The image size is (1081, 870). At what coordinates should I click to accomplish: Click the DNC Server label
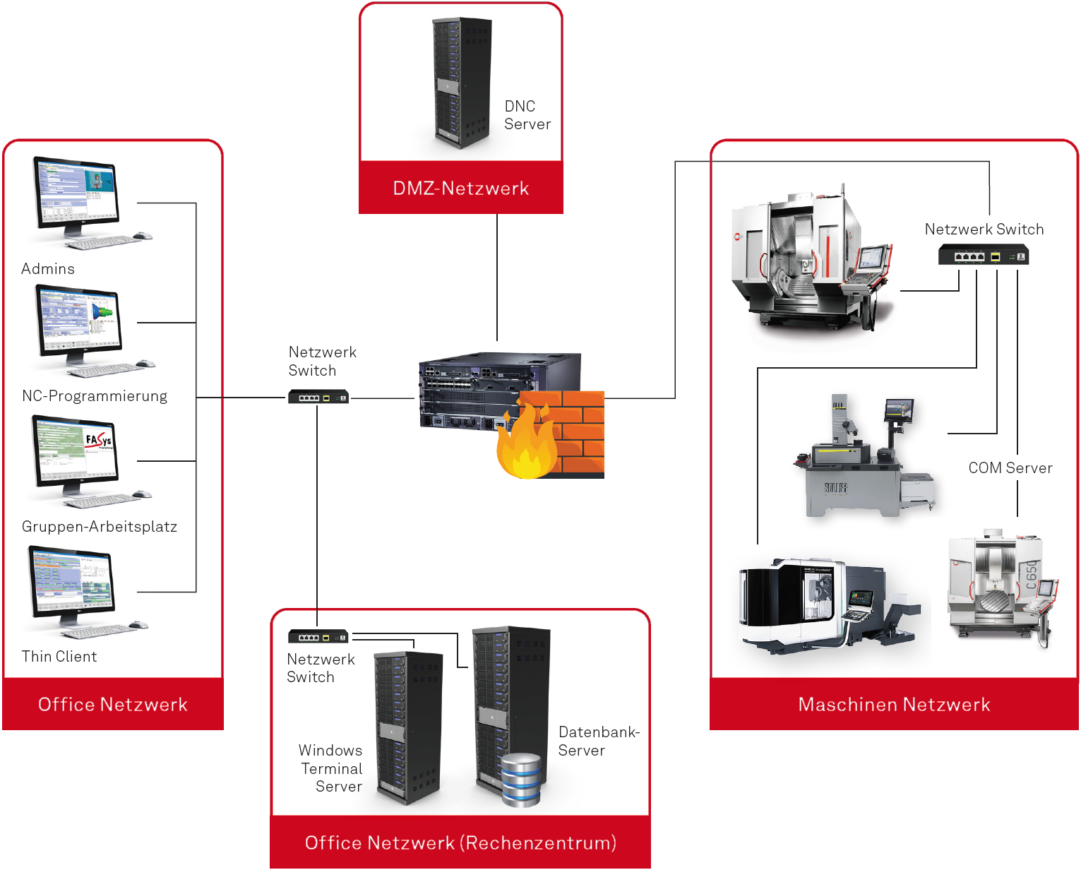click(527, 115)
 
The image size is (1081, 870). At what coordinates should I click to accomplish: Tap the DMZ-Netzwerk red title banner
click(460, 187)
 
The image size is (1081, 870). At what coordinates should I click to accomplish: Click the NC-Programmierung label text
click(95, 396)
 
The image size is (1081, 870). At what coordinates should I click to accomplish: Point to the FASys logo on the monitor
click(98, 441)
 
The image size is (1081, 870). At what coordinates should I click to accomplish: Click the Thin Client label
click(59, 657)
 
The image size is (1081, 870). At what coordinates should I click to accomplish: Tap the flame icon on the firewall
click(527, 441)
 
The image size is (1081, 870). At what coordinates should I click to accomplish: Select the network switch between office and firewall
click(318, 397)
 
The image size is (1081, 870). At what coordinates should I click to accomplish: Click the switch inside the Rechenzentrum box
click(318, 636)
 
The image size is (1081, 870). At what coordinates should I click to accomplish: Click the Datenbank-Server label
click(599, 741)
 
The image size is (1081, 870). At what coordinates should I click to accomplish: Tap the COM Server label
click(1010, 467)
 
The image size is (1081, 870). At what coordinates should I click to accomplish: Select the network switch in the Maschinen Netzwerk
click(983, 255)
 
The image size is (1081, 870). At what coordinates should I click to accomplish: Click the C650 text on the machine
click(1030, 575)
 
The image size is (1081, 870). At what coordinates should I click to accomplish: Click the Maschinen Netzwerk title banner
click(894, 703)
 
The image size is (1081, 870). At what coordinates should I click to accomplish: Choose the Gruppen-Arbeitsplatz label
click(100, 526)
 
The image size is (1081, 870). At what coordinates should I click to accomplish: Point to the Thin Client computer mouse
click(138, 624)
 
